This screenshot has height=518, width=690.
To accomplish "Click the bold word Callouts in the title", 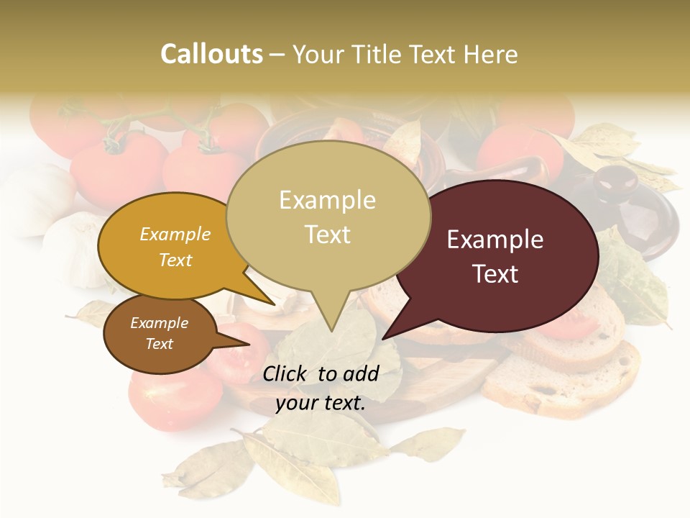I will click(211, 54).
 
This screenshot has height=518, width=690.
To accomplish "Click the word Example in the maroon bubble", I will click(495, 240).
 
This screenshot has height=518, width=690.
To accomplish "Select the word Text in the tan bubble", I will click(328, 235).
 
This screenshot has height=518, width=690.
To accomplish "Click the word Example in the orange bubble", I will click(175, 235).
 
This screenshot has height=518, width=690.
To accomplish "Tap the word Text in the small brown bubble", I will click(160, 344).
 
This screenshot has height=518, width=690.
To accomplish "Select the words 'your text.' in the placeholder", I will click(321, 403).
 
